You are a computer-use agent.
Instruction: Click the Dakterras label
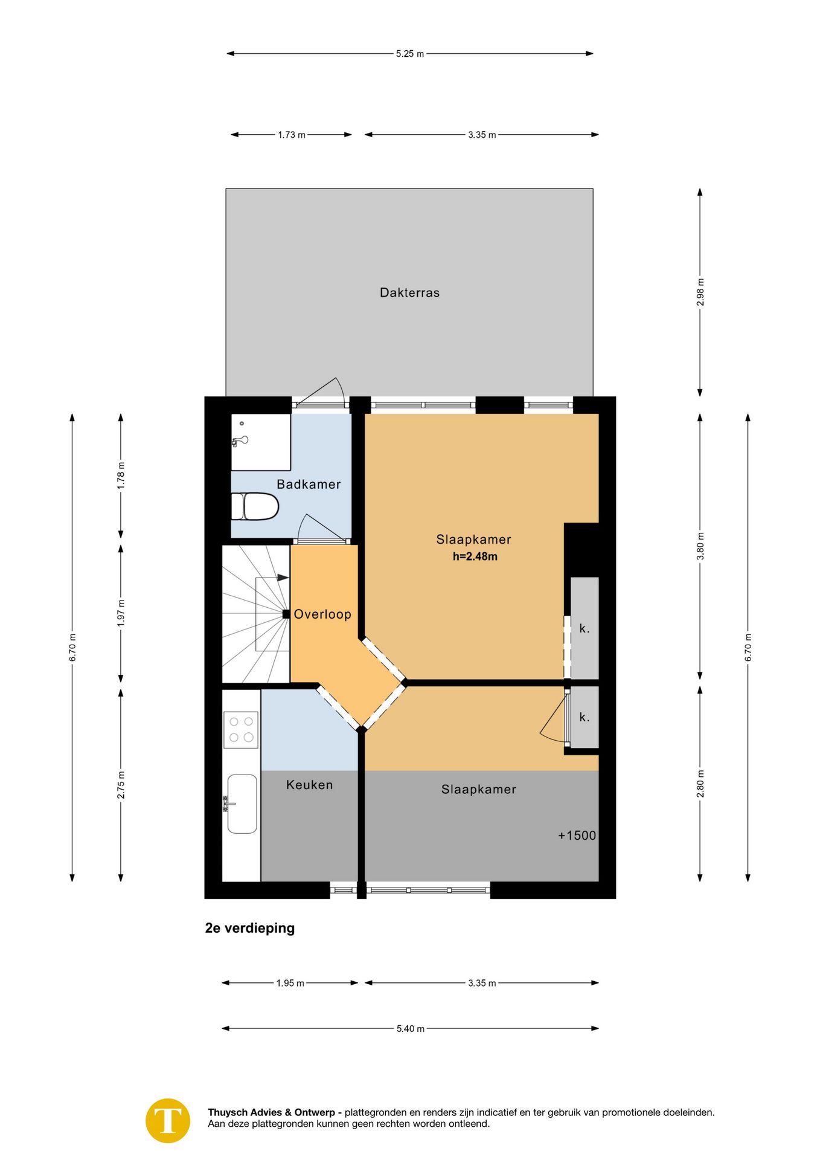tap(409, 292)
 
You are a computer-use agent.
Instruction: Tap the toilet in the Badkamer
tap(255, 506)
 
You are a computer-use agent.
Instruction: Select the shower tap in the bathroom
tap(240, 441)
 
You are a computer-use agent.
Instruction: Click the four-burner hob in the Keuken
tap(241, 730)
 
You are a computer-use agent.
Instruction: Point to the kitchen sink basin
tap(242, 804)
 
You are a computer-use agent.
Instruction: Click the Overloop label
tap(322, 614)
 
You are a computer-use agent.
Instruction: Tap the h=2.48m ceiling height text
tap(475, 556)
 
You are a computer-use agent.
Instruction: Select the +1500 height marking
tap(577, 836)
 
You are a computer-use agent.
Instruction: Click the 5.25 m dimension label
tap(410, 54)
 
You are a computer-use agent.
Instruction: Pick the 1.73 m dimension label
tap(292, 135)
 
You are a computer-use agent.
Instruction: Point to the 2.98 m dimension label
tap(700, 292)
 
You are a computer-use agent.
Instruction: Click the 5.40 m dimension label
tap(411, 1028)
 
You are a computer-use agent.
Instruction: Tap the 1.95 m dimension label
tap(290, 983)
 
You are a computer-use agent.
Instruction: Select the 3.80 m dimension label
tap(700, 546)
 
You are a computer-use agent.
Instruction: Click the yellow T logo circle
tap(168, 1121)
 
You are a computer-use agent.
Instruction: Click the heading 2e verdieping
tap(250, 928)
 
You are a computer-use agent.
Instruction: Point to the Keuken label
tap(309, 785)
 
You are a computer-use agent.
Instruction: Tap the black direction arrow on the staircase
tap(283, 578)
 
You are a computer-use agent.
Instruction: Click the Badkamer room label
tap(309, 484)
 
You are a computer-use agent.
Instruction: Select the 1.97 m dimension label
tap(121, 613)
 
